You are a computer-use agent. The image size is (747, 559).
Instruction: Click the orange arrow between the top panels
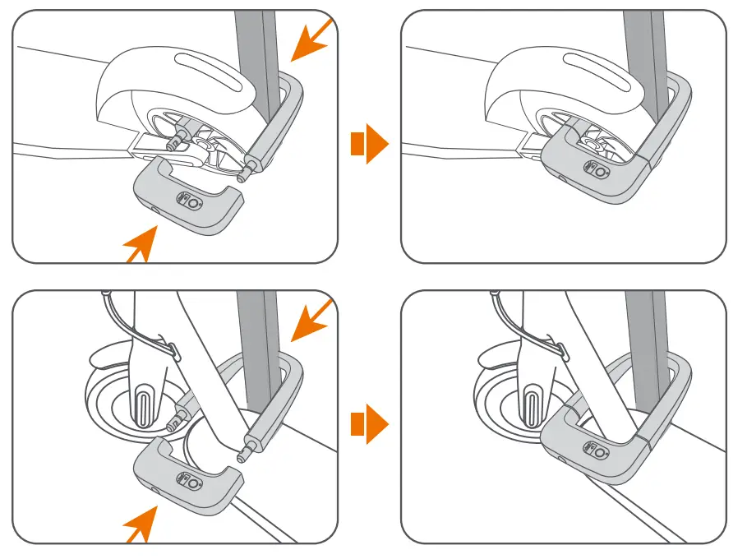[x=369, y=145]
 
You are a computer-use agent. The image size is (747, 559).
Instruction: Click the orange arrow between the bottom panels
[x=369, y=425]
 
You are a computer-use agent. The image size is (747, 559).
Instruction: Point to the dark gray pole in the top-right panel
[x=644, y=49]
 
